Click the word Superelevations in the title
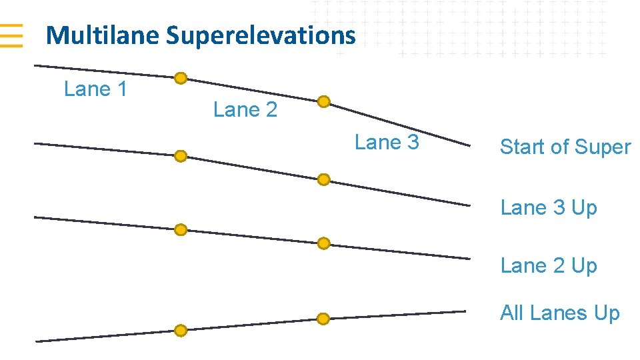261,35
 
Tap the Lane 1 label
95,89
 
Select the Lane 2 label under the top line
245,110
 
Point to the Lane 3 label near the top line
387,143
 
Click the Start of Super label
565,147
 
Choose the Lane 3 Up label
549,207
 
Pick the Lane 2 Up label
549,265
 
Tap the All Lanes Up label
560,313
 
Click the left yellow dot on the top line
181,78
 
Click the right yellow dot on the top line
323,101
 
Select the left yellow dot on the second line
181,156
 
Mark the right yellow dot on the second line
323,179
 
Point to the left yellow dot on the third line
181,230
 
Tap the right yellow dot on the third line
323,243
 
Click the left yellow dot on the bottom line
181,330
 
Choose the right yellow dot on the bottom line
323,319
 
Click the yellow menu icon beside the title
11,35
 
